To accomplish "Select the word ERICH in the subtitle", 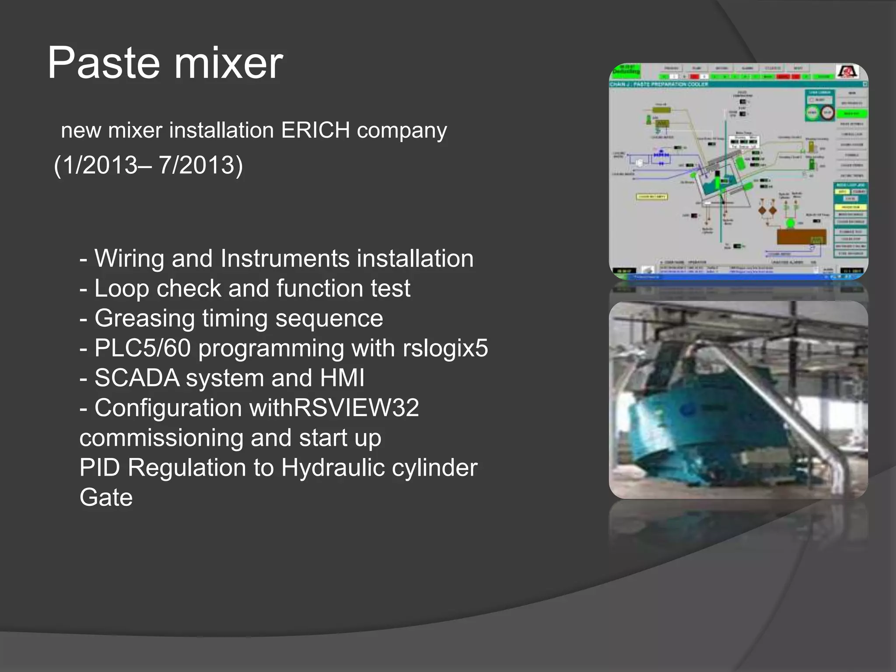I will (315, 130).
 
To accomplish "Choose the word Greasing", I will (144, 318).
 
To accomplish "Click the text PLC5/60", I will (143, 348).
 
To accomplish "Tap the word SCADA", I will (136, 378).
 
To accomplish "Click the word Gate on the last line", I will (106, 497).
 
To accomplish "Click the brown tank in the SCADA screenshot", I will (801, 237).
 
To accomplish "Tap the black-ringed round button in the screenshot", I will (827, 113).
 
